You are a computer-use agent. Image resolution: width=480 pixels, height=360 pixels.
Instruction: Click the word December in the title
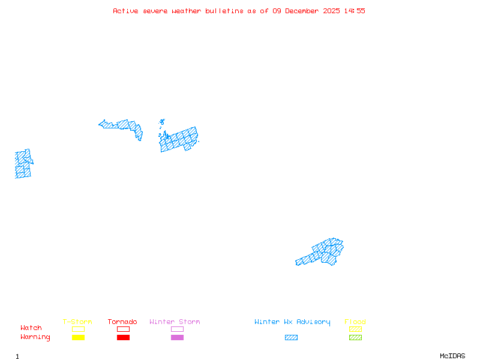[303, 11]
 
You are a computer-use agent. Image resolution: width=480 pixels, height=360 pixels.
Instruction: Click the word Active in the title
[125, 11]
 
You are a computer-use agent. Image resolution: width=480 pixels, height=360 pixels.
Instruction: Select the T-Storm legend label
[77, 322]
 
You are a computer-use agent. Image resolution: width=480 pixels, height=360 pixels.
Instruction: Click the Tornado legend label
[122, 322]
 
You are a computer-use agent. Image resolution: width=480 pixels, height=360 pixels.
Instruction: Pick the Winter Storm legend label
[175, 322]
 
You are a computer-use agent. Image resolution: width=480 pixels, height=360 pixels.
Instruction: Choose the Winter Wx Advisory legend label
[292, 322]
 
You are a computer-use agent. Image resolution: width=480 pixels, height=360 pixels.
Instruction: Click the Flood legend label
[355, 322]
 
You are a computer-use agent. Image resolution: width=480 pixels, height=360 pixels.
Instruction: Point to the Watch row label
[31, 328]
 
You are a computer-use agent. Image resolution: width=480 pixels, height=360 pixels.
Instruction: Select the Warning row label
[35, 337]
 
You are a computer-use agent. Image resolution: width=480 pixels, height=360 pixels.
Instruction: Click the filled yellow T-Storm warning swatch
[78, 338]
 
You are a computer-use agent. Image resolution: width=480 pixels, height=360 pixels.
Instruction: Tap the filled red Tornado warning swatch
[123, 338]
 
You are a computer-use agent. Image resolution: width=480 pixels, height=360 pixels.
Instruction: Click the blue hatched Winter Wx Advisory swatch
[291, 338]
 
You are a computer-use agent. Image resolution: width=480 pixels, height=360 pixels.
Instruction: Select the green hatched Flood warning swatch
[355, 338]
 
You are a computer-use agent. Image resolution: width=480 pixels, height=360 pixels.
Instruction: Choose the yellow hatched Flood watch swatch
[355, 329]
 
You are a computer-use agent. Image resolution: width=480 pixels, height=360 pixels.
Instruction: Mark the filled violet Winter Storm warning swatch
[177, 338]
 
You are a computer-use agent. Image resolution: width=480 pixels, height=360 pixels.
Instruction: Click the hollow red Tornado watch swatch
[123, 329]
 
